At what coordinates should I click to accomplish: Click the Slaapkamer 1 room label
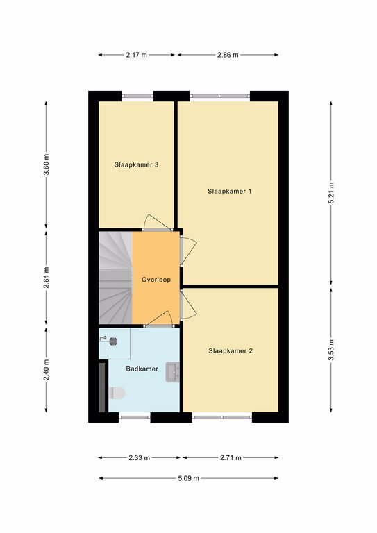[x=230, y=192]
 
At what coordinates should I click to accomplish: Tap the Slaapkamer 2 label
[x=231, y=350]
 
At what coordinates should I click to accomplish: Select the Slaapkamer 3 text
[x=136, y=165]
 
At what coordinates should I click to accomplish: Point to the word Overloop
[x=156, y=280]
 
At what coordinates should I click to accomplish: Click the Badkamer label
[x=142, y=369]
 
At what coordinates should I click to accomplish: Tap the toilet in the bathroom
[x=117, y=393]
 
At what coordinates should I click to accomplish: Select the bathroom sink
[x=173, y=372]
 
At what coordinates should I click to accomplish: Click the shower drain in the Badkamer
[x=114, y=341]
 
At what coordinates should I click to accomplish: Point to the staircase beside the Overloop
[x=115, y=278]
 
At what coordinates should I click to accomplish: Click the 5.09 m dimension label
[x=189, y=478]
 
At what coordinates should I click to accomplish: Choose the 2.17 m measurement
[x=136, y=55]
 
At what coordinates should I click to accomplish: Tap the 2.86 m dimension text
[x=228, y=55]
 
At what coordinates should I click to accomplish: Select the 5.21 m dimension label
[x=331, y=193]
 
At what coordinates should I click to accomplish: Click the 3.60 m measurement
[x=47, y=164]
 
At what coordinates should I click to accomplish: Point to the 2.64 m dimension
[x=47, y=278]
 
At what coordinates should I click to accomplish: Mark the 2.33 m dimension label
[x=139, y=458]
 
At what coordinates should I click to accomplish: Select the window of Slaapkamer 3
[x=137, y=96]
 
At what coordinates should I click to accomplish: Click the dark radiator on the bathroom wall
[x=101, y=387]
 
